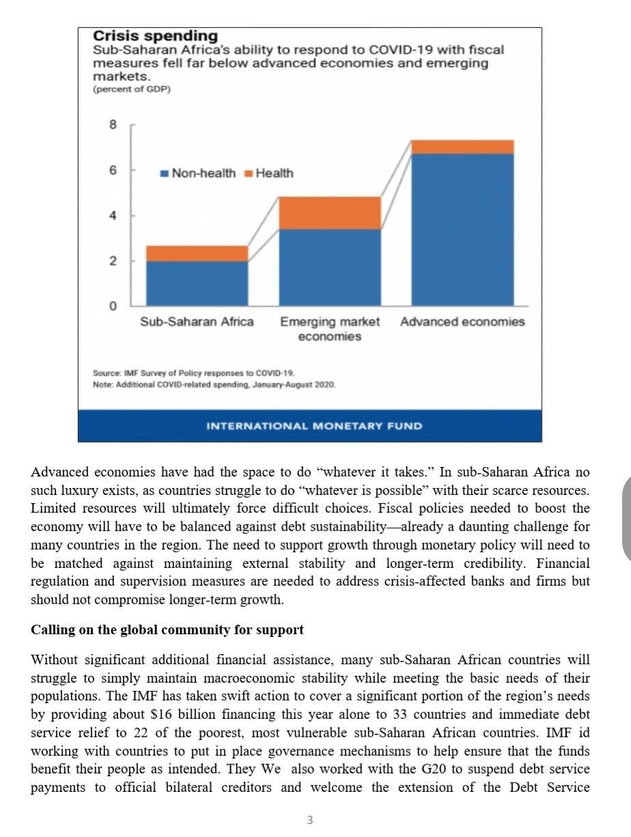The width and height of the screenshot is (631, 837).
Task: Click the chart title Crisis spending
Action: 155,36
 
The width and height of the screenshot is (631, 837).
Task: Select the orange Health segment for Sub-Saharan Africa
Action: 197,253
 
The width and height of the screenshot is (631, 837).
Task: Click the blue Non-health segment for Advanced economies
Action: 462,229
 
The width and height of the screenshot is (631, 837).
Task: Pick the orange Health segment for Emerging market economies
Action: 330,212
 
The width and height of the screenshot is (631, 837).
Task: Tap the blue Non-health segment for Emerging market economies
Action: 330,267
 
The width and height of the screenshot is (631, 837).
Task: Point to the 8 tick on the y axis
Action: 113,125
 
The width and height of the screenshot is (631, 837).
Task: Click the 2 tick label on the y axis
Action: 113,261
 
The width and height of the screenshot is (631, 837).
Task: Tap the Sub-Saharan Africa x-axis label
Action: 197,322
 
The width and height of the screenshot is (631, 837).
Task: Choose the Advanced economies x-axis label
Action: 462,322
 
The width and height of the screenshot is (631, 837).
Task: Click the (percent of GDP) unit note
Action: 131,89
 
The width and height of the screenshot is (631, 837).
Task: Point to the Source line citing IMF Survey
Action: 193,373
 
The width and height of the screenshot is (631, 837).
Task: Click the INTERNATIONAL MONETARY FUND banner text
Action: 314,426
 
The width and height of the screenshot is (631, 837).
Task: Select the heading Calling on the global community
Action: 167,629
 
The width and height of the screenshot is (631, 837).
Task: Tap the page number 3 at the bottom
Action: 310,820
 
